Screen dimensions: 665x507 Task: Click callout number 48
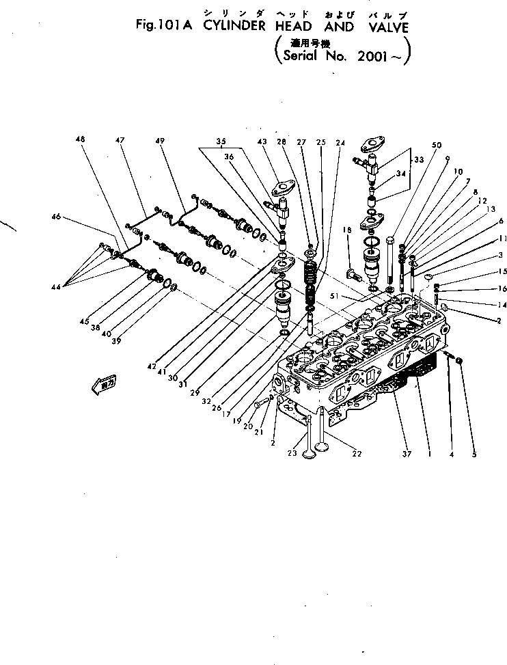pyautogui.click(x=81, y=139)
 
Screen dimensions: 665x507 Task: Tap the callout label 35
pyautogui.click(x=220, y=141)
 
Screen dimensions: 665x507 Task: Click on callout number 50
pyautogui.click(x=437, y=145)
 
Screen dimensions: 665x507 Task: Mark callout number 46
pyautogui.click(x=55, y=217)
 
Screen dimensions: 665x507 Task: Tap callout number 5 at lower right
pyautogui.click(x=474, y=453)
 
